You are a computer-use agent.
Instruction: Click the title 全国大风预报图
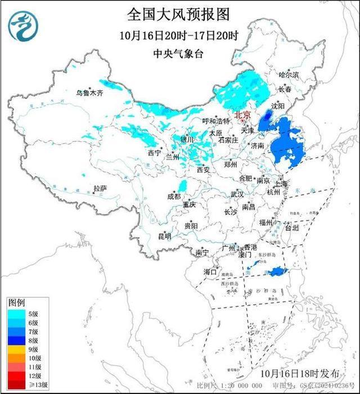tap(179, 14)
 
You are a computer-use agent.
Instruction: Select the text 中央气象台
tap(179, 54)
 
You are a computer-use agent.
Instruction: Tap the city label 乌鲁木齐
tap(91, 93)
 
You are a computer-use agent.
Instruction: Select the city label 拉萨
tap(100, 189)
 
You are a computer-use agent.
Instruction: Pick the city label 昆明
tap(164, 236)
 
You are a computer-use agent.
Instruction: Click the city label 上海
tap(280, 184)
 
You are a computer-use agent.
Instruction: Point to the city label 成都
tap(174, 196)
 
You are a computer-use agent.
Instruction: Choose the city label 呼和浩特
tap(216, 121)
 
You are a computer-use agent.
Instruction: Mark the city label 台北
tap(292, 228)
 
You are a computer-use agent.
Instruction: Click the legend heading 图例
tap(17, 302)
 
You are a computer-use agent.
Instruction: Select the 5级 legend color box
tap(16, 313)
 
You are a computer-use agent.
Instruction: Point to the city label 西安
tap(203, 169)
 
